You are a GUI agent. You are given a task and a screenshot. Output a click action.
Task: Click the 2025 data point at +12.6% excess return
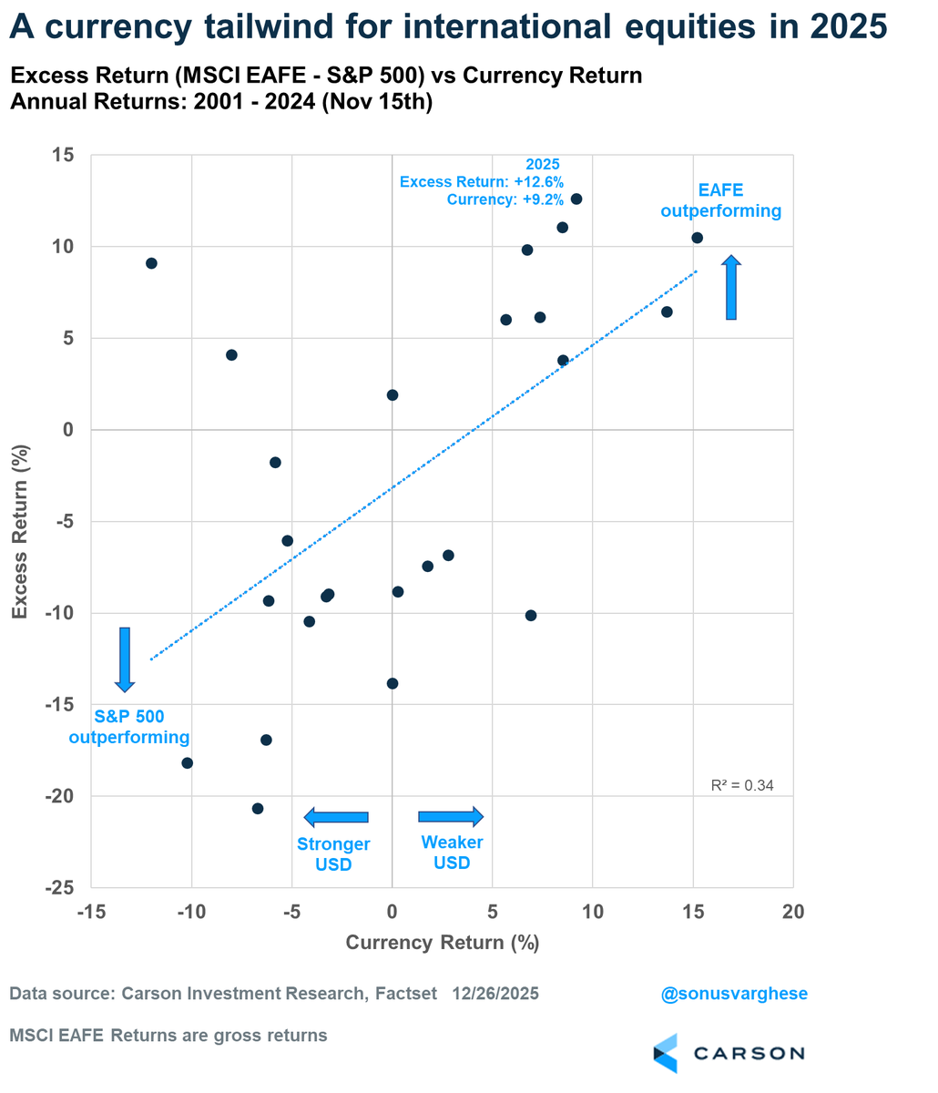pos(576,199)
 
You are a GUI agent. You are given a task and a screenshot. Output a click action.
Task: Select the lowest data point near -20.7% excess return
pos(258,809)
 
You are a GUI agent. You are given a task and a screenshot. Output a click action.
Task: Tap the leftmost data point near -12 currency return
pos(151,263)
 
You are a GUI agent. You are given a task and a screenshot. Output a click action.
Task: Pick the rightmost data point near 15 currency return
pos(697,238)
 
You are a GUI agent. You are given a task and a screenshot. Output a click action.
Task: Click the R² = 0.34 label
pos(742,785)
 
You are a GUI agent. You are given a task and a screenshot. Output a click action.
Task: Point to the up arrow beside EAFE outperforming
pos(731,288)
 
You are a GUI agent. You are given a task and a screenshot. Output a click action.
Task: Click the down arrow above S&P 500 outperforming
pos(125,659)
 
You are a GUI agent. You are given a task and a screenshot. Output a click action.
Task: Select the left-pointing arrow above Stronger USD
pos(335,817)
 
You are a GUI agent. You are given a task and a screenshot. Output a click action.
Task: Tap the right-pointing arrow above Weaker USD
pos(451,816)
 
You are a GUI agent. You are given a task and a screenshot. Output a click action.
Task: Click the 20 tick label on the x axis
pos(792,913)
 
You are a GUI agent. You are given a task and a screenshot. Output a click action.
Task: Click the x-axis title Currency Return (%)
pos(442,943)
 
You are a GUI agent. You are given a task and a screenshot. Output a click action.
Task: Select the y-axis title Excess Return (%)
pos(20,521)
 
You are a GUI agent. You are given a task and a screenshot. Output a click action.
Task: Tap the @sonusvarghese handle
pos(734,993)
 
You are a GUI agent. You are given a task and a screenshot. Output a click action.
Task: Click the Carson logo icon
pos(666,1053)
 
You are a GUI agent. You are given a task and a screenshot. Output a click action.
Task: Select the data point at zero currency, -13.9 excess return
pos(393,683)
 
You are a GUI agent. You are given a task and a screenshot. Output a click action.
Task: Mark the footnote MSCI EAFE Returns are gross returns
pos(168,1036)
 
